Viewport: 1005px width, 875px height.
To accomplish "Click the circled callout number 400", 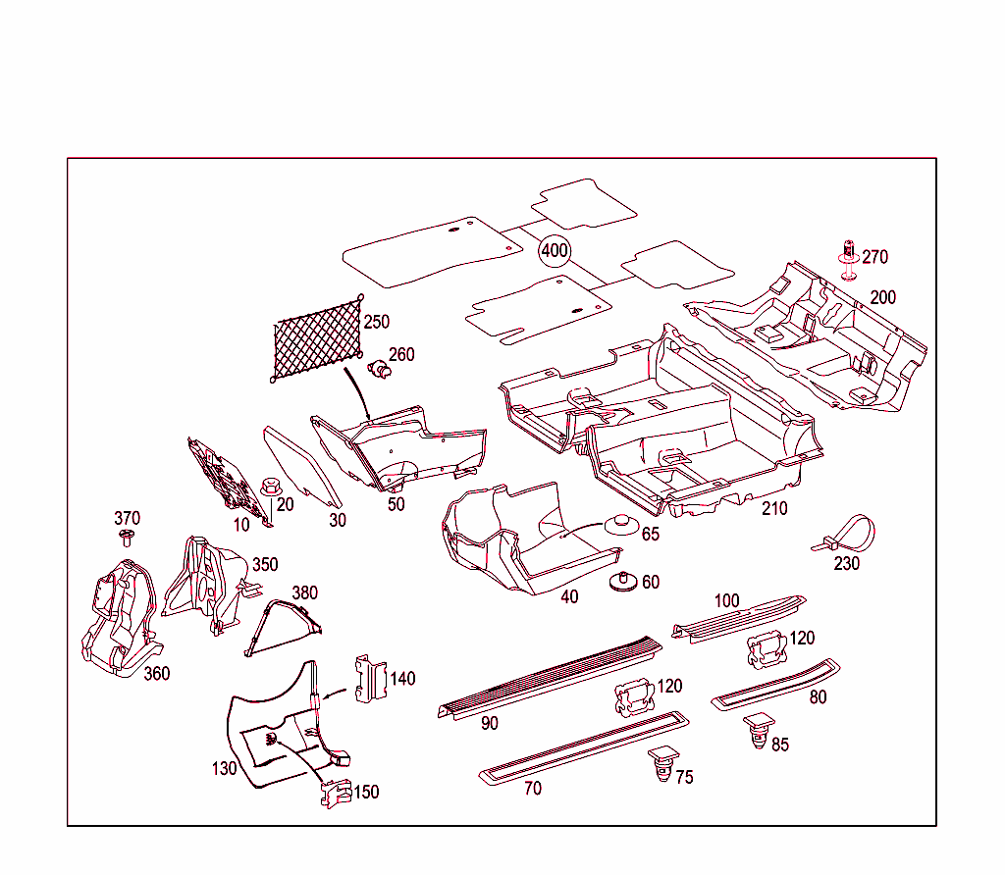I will tap(555, 251).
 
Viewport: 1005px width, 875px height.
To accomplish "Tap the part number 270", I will tap(874, 257).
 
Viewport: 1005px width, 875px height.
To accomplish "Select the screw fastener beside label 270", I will tap(847, 258).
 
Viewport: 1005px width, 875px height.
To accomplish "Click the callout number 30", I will tap(338, 520).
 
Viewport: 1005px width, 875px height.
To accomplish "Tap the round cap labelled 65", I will tap(620, 522).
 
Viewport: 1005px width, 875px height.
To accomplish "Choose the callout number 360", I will tap(157, 673).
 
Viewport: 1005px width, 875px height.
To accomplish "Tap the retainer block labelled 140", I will tap(370, 679).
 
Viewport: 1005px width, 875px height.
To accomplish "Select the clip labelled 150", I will tap(335, 793).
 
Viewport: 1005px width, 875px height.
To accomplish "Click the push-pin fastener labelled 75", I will tap(662, 764).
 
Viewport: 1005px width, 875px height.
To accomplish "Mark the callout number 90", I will tap(490, 723).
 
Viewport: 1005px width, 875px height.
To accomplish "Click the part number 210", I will tap(774, 508).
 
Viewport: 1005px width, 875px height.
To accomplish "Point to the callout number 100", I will tap(726, 600).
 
